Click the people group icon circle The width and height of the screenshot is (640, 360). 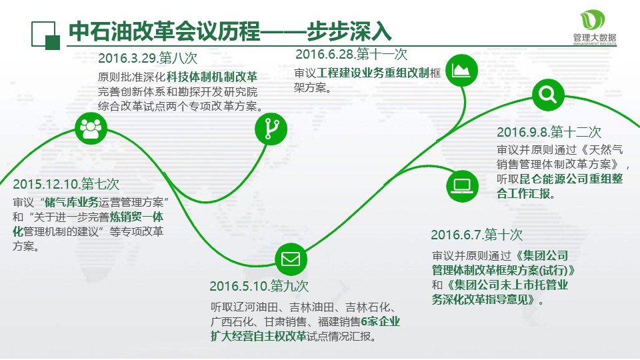click(91, 129)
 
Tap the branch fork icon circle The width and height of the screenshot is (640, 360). click(271, 129)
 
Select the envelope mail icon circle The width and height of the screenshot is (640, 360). click(291, 259)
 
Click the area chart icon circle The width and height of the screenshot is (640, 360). click(461, 70)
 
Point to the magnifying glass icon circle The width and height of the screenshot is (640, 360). click(548, 95)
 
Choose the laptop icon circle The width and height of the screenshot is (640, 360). click(462, 186)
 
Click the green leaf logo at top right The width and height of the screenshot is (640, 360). click(593, 20)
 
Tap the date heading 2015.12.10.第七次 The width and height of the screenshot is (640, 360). click(66, 184)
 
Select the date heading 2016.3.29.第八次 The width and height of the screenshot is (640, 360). click(148, 58)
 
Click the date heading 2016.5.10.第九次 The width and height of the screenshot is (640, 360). click(259, 286)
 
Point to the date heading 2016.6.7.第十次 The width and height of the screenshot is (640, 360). click(477, 235)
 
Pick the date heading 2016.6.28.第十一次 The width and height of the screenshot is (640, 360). click(351, 54)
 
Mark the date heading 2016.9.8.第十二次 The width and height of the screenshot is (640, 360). click(549, 132)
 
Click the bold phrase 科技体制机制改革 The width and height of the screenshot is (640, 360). click(212, 77)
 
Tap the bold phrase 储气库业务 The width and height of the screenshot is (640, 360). click(72, 202)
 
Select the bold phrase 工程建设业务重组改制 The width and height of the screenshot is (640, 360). click(373, 73)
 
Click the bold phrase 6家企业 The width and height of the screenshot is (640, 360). click(381, 321)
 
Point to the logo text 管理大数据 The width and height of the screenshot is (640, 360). click(595, 37)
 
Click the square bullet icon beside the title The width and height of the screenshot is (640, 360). click(46, 35)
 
